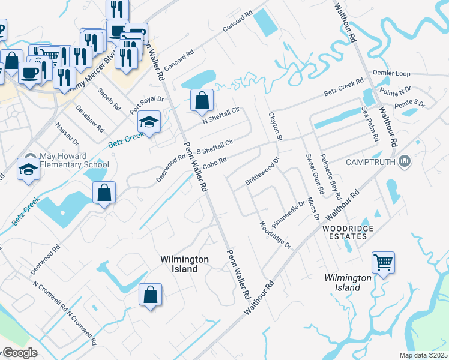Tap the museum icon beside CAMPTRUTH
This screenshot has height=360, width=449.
405,161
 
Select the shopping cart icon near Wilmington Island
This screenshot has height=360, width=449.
383,262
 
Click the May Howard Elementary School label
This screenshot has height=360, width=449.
74,161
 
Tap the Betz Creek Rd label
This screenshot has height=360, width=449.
344,89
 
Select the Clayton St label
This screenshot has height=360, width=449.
275,127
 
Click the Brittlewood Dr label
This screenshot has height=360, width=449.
262,171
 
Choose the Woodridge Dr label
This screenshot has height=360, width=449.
274,235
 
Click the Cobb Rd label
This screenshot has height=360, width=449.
214,163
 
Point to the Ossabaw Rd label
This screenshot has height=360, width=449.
90,119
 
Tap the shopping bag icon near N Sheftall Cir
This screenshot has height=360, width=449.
202,100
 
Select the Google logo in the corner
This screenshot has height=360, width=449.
19,353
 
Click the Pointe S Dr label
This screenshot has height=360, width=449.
411,104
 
